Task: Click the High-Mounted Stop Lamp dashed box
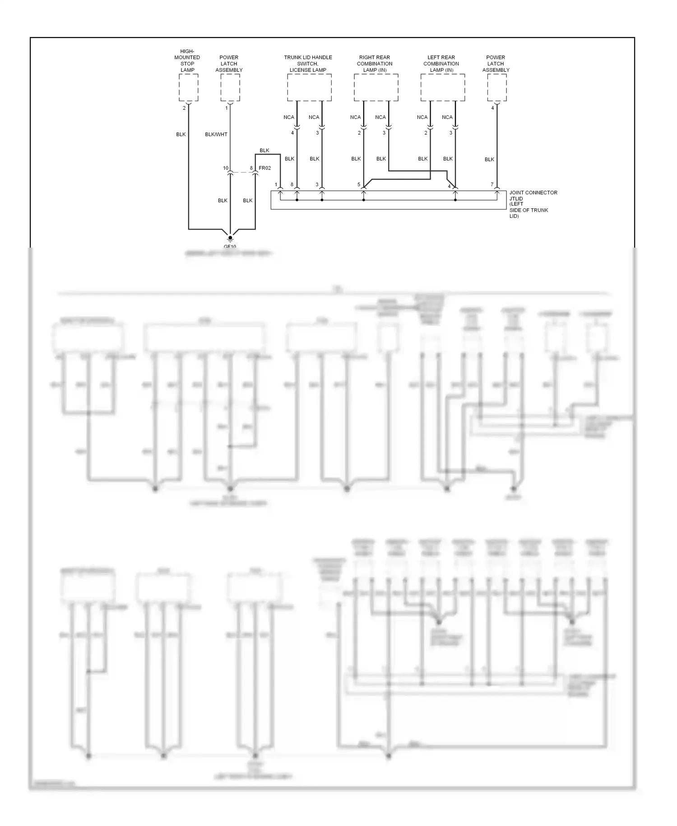coord(188,88)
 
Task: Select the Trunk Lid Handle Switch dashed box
coord(309,88)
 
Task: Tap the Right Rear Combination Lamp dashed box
coord(376,88)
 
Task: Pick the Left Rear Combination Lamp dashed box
coord(443,88)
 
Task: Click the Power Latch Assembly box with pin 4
coord(496,88)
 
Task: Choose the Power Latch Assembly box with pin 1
coord(230,88)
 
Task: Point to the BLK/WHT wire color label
coord(216,135)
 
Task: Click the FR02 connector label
coord(265,168)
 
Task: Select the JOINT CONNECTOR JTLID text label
coord(533,195)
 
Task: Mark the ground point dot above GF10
coord(230,237)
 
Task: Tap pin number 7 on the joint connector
coord(492,185)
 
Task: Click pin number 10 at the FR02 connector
coord(226,168)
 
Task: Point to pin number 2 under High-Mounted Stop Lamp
coord(184,108)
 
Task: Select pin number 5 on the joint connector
coord(359,185)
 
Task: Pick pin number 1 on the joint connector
coord(276,185)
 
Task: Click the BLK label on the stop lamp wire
coord(181,135)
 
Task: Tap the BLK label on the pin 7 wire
coord(489,160)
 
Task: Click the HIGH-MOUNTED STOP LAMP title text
coord(187,61)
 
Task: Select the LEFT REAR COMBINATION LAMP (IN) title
coord(441,64)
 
